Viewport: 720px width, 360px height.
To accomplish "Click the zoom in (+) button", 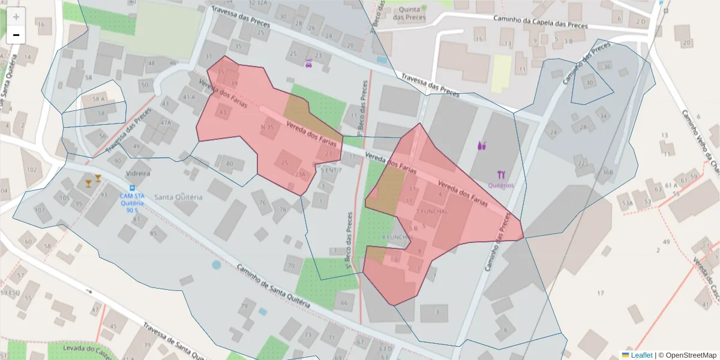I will pos(16,17).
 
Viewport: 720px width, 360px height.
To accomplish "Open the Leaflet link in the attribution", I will pos(641,355).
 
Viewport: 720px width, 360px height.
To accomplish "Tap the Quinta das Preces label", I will pos(409,13).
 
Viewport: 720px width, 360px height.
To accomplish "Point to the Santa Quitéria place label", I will pos(178,197).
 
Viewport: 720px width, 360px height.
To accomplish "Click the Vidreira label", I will pos(138,173).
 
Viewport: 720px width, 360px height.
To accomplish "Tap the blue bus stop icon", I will pos(132,188).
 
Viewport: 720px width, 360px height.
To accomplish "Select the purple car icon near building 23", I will pos(308,64).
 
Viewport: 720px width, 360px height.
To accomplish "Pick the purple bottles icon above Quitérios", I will pos(482,145).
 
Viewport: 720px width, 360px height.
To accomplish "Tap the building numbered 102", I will pos(32,170).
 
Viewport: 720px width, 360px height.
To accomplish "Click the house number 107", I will pos(40,211).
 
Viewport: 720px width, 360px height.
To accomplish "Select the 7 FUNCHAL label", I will pos(431,212).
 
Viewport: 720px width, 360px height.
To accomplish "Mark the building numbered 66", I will pos(344,303).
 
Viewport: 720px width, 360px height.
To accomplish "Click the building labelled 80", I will pos(229,164).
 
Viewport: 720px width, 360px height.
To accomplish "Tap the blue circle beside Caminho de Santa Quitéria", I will pos(216,265).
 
